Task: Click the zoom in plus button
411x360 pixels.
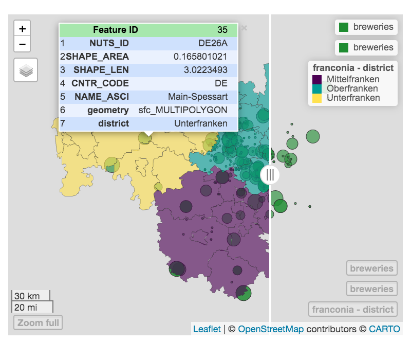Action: (x=22, y=29)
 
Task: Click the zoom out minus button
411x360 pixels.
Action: (x=22, y=44)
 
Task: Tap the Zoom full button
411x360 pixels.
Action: (x=38, y=323)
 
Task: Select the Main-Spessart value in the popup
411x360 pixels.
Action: (x=197, y=97)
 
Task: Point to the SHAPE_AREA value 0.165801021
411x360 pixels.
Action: (x=200, y=57)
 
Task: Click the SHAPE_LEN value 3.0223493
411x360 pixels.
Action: (x=204, y=70)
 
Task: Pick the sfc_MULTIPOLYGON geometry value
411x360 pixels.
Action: (x=183, y=110)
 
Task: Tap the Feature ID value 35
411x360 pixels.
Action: (x=222, y=30)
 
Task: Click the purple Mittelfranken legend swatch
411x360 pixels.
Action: (x=317, y=79)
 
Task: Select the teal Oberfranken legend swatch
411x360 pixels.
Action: (x=317, y=88)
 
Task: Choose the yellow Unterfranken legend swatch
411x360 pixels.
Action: (x=317, y=98)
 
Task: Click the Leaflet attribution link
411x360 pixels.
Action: (x=207, y=329)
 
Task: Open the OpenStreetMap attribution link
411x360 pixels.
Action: (x=271, y=329)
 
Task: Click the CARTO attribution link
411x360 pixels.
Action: (x=384, y=329)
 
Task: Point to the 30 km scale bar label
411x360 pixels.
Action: (x=28, y=296)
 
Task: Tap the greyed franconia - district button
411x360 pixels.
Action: (x=353, y=310)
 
